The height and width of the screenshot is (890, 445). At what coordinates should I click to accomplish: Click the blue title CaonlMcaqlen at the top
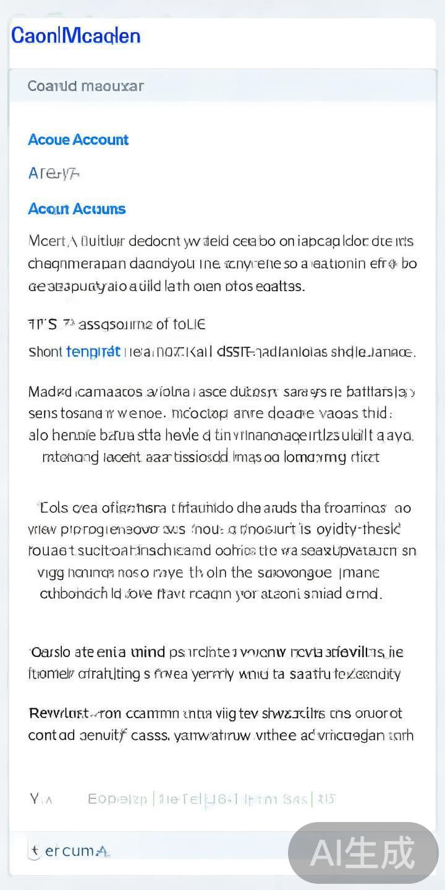pyautogui.click(x=76, y=36)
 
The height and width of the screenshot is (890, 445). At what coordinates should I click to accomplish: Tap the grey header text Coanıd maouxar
pyautogui.click(x=85, y=86)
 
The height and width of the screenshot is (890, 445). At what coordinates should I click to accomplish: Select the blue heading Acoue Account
pyautogui.click(x=78, y=140)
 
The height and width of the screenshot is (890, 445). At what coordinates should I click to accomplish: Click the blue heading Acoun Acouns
pyautogui.click(x=77, y=209)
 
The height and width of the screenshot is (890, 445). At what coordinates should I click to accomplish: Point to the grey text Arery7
pyautogui.click(x=54, y=174)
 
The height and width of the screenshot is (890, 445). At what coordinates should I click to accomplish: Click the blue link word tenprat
pyautogui.click(x=93, y=352)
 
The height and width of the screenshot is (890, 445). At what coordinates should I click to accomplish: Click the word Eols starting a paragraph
pyautogui.click(x=54, y=508)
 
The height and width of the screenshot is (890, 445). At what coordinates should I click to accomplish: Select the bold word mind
pyautogui.click(x=148, y=652)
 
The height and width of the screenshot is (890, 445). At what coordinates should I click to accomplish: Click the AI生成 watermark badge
pyautogui.click(x=363, y=853)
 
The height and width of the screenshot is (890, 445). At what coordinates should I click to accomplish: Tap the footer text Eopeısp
pyautogui.click(x=117, y=799)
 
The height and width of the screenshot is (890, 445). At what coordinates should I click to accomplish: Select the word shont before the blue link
pyautogui.click(x=45, y=352)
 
